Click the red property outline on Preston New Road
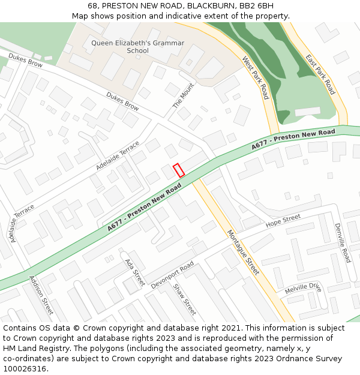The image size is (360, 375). tap(178, 170)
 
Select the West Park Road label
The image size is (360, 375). tap(255, 78)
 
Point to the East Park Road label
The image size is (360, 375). tap(320, 74)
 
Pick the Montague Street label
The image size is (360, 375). tap(243, 252)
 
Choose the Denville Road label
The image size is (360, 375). tap(342, 243)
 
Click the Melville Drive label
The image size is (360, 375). tap(303, 289)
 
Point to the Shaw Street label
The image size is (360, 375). tap(184, 299)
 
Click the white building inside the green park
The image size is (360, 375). tap(308, 112)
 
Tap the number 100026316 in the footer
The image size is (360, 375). tap(25, 368)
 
